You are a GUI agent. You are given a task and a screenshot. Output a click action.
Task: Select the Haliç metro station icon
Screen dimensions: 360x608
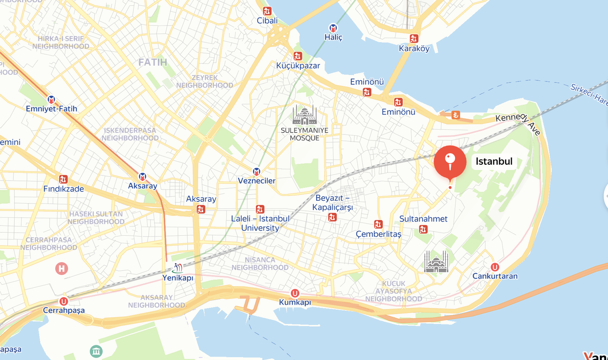tap(333, 28)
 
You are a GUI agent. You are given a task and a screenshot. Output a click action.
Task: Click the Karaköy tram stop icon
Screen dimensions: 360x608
tap(414, 39)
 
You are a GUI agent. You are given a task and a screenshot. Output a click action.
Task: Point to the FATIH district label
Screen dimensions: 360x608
tap(153, 62)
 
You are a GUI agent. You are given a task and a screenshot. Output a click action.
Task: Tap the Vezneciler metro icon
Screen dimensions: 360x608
tap(257, 171)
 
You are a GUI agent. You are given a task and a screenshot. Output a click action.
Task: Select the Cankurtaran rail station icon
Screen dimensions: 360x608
tap(495, 267)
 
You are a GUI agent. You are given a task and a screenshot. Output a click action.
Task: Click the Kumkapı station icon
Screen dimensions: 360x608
tap(295, 293)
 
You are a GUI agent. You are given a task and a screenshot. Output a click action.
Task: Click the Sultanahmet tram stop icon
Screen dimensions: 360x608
tap(424, 230)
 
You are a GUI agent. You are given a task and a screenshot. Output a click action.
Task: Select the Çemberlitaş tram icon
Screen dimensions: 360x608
tap(378, 224)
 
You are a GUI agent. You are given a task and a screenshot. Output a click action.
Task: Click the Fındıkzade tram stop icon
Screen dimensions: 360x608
tap(63, 179)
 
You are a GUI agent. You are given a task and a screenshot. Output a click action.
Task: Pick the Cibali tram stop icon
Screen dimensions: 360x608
tap(267, 11)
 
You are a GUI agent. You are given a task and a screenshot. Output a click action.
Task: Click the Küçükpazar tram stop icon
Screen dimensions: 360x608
tap(297, 56)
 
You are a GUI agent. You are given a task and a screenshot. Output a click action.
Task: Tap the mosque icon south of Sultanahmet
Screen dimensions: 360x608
tap(437, 262)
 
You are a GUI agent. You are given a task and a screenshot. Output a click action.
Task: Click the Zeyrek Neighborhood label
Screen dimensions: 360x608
tap(205, 82)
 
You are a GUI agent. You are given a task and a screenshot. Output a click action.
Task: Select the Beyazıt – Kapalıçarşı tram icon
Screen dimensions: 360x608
tap(332, 218)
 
